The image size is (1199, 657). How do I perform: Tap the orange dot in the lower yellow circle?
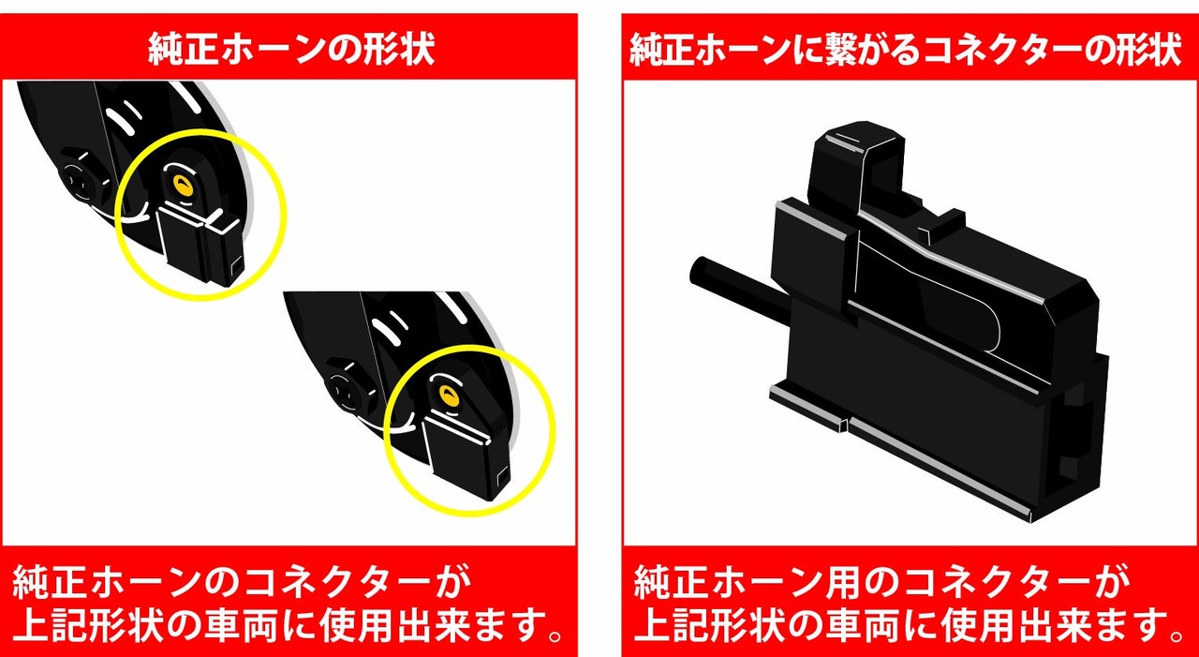coord(449,395)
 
